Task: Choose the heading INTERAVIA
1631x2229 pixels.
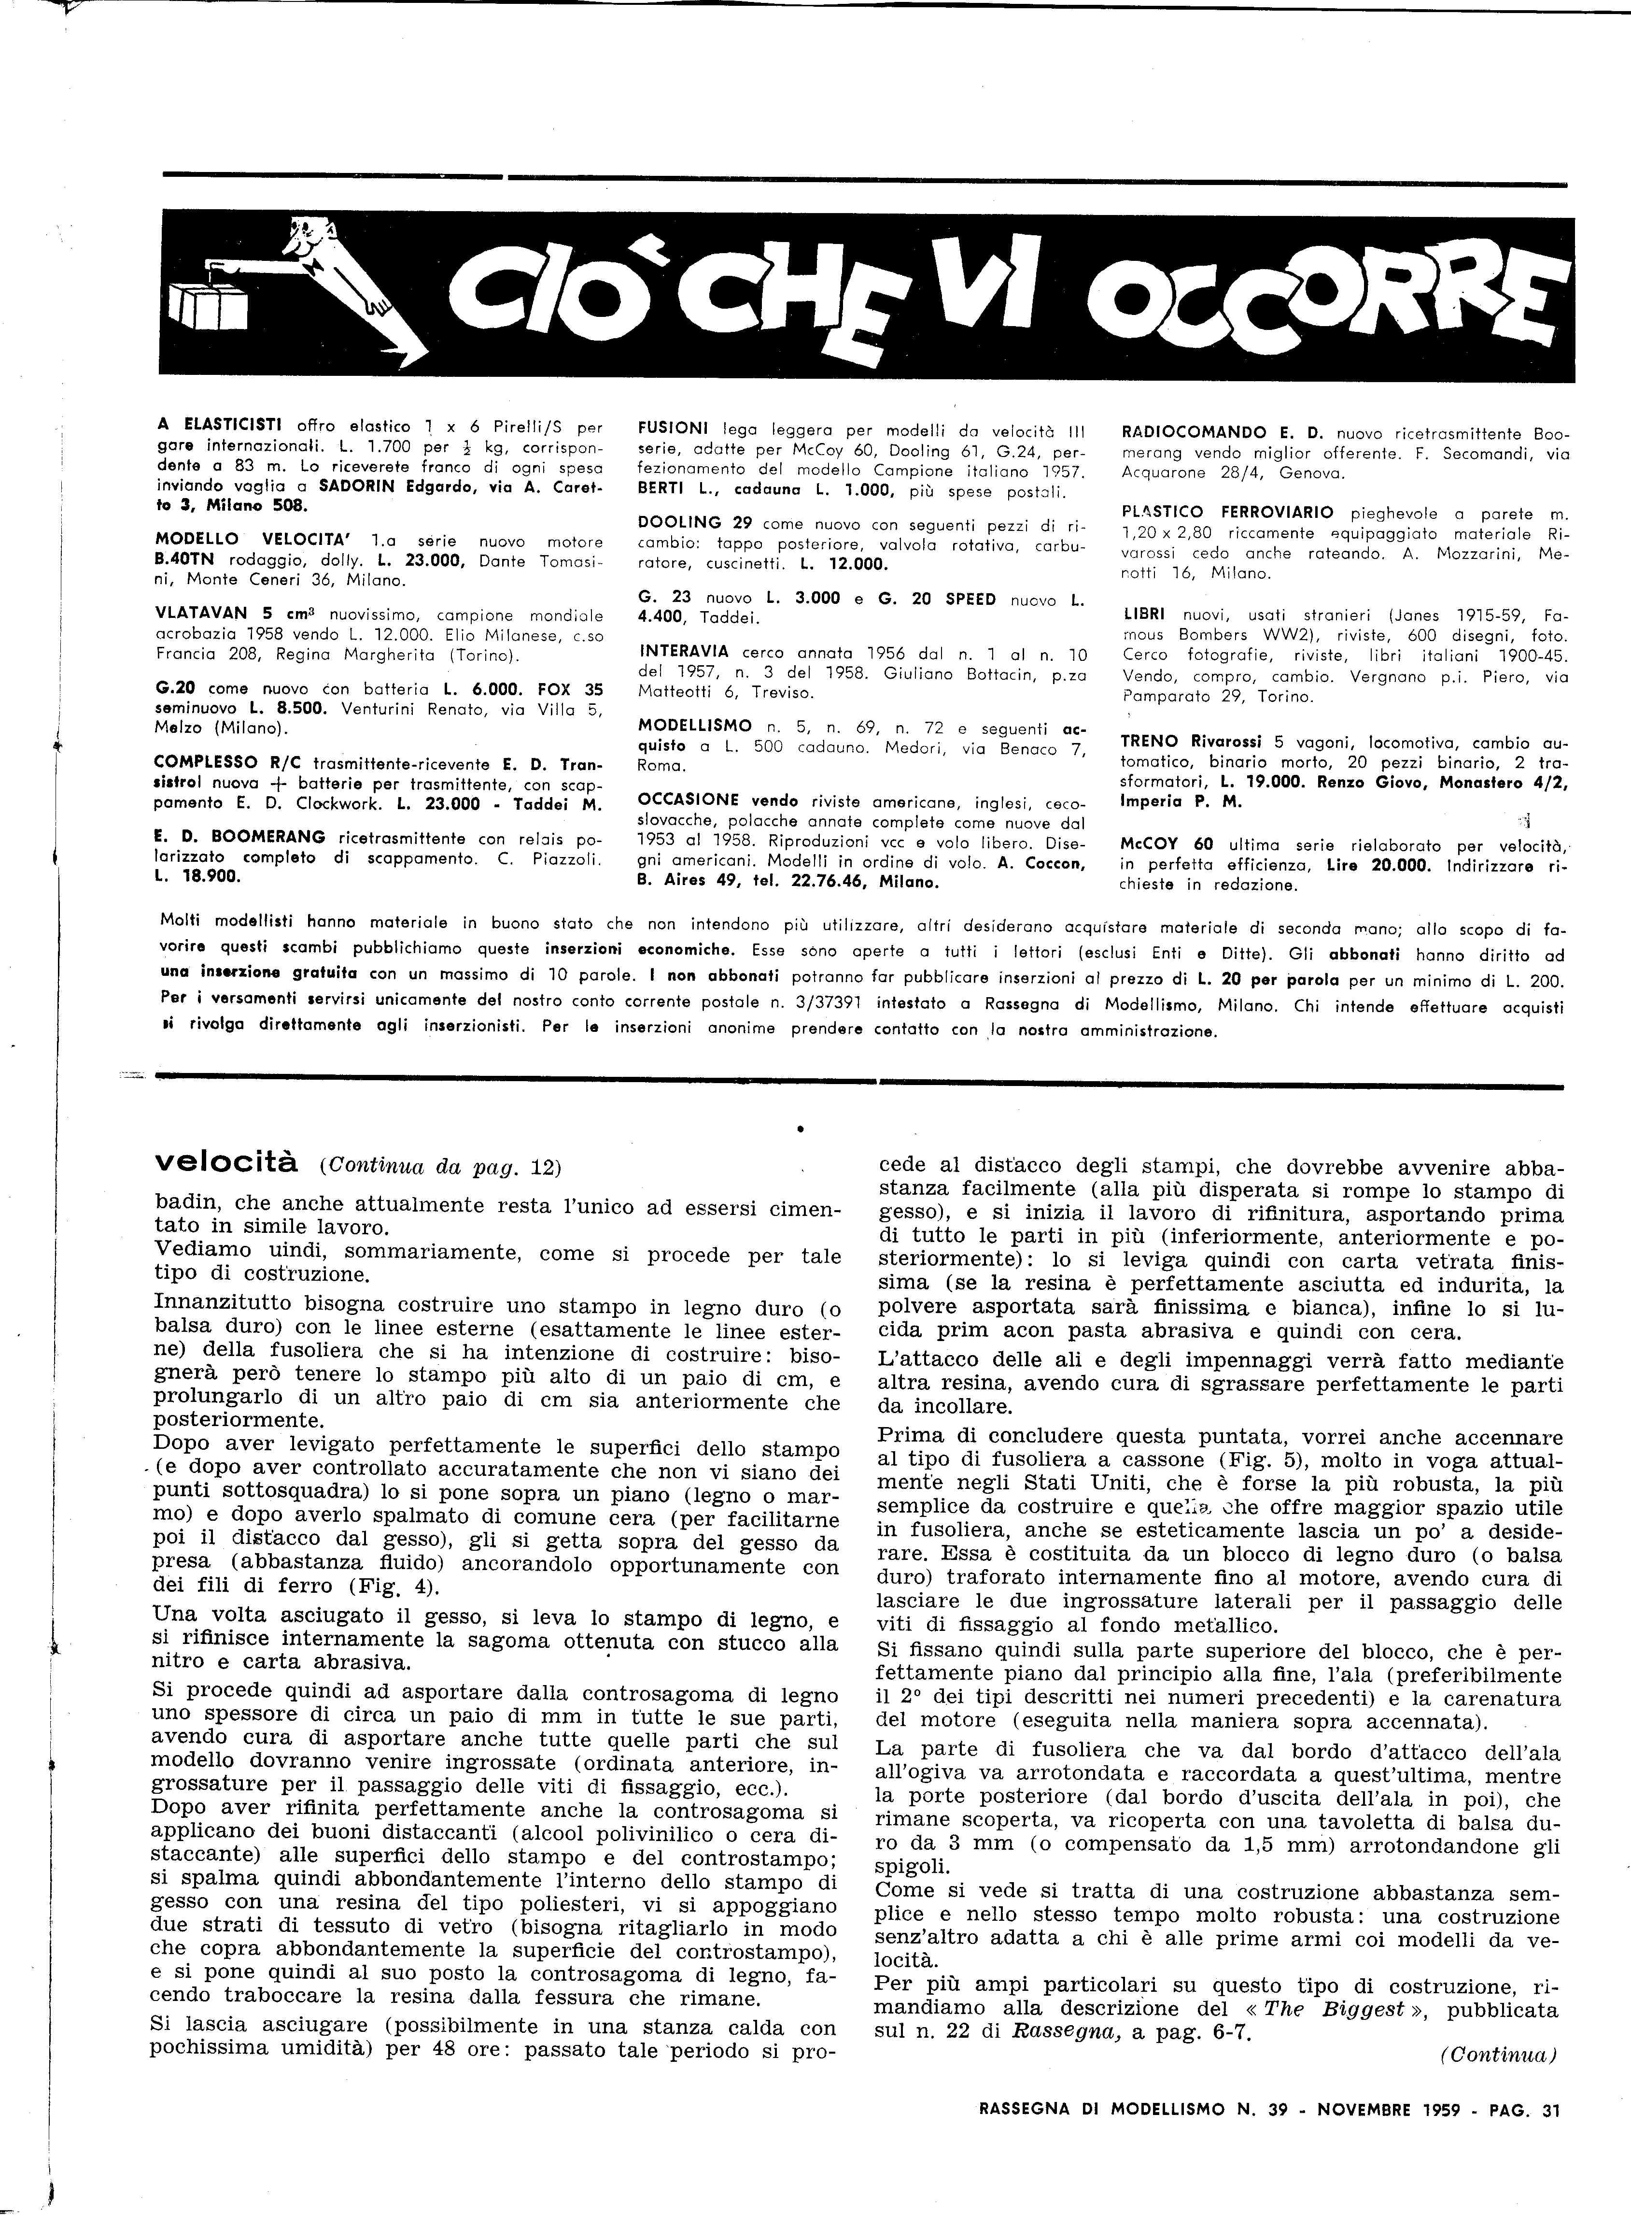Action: [683, 652]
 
